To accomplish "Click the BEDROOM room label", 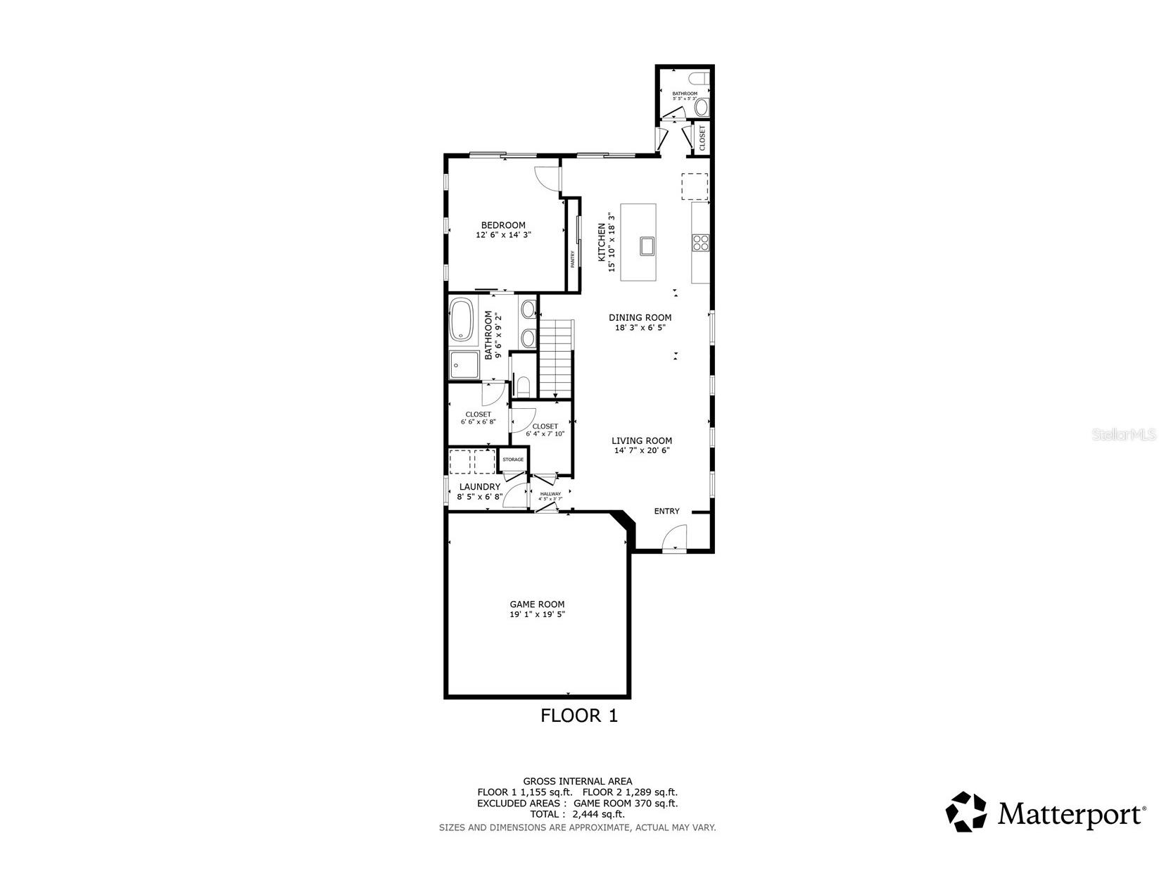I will click(x=502, y=225).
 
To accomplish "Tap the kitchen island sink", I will click(x=647, y=246).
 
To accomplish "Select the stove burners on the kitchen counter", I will click(x=700, y=242).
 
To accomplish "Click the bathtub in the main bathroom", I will click(x=462, y=320).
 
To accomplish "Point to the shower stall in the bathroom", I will click(x=464, y=365).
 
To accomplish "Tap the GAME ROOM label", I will click(x=537, y=604).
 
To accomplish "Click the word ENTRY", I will click(x=666, y=511).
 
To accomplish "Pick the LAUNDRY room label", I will click(x=479, y=486).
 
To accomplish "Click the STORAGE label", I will click(x=513, y=459).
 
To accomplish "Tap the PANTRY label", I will click(x=572, y=260).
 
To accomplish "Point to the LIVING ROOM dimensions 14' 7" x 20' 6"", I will click(x=641, y=450).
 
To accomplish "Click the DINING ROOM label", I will click(x=640, y=317).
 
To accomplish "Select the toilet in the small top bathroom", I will click(x=702, y=107).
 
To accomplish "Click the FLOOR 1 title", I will click(x=578, y=716).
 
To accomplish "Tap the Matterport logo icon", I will click(x=966, y=811).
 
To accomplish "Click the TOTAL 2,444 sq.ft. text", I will click(x=577, y=813).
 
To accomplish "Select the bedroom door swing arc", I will click(x=546, y=177).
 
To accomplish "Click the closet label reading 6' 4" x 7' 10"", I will click(x=545, y=434).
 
